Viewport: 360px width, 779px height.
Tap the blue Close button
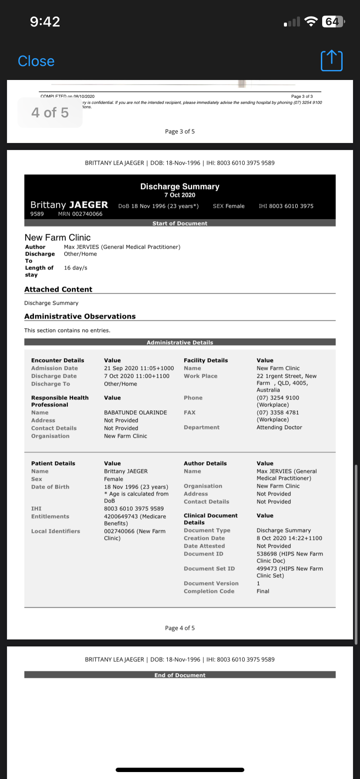[36, 61]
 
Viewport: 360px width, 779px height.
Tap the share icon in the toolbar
[331, 61]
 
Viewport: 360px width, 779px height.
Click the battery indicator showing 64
[333, 21]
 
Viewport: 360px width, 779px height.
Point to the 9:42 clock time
[45, 21]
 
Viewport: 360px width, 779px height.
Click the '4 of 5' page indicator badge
[50, 113]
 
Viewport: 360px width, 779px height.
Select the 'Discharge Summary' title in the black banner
[180, 186]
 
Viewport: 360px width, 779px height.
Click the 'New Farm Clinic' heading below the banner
[57, 237]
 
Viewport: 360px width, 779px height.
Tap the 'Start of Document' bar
[180, 223]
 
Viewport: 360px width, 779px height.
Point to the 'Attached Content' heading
[58, 290]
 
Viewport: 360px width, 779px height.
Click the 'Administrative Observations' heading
[80, 316]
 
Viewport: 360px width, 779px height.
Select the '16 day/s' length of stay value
[76, 268]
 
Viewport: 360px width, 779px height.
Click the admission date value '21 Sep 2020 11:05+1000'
[139, 368]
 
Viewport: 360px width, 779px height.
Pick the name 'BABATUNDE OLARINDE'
[135, 413]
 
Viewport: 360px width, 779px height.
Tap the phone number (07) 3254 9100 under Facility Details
[278, 398]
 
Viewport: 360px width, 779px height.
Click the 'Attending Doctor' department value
[279, 427]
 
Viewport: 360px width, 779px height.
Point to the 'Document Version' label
[211, 583]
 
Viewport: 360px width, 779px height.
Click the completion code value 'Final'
[263, 591]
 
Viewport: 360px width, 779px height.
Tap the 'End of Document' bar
[180, 675]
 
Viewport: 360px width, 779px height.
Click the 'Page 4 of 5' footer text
[180, 628]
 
